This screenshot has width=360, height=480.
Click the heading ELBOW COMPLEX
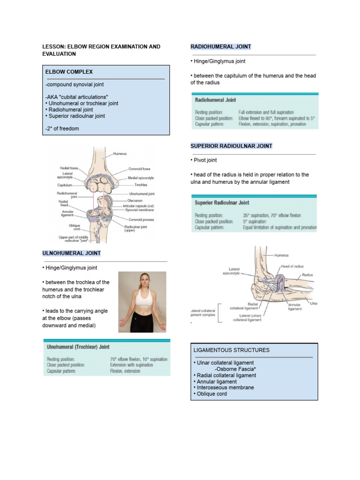coord(69,72)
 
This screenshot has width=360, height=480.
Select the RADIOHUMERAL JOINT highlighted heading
coord(221,47)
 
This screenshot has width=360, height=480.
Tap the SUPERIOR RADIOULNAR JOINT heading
coord(232,146)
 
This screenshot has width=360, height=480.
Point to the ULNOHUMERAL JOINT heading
coord(71,254)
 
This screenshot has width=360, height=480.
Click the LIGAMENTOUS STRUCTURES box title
coord(232,350)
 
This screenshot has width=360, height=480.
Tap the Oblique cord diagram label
coord(75,227)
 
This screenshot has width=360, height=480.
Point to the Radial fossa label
coord(69,167)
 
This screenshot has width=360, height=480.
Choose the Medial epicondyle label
coord(141,178)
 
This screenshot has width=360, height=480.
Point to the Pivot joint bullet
coord(204,160)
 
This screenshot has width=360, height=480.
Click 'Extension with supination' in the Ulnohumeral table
coord(132,365)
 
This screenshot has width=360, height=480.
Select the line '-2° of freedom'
coord(62,128)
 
